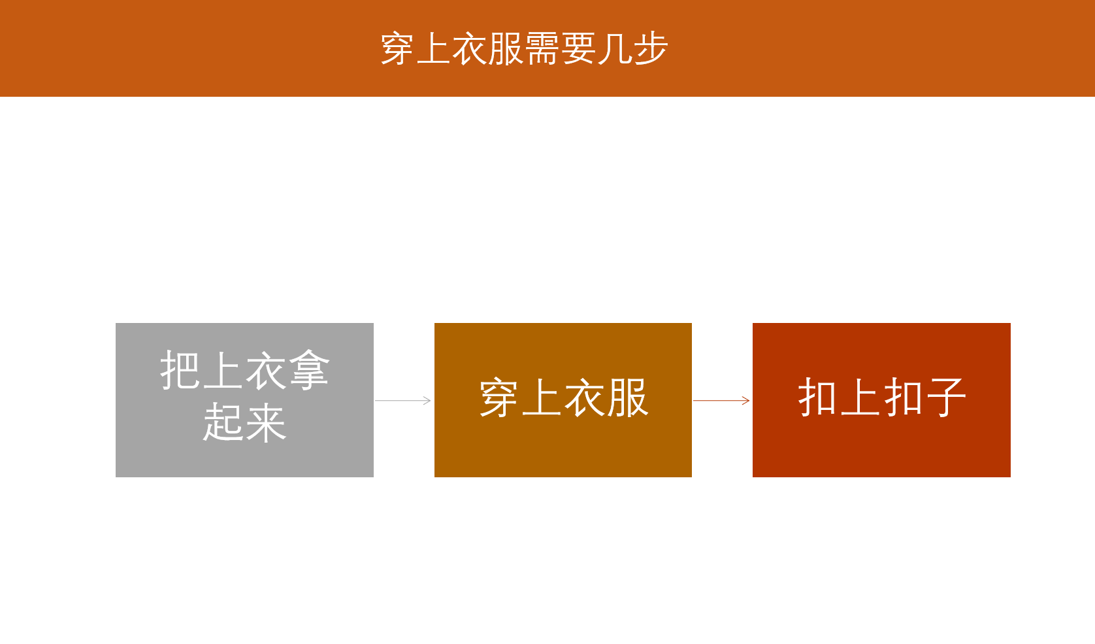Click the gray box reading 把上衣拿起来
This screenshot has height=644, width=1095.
244,400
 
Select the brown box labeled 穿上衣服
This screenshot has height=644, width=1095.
563,400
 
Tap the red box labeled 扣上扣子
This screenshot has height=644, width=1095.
881,400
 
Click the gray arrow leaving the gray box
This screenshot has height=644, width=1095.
403,400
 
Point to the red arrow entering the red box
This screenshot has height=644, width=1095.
721,400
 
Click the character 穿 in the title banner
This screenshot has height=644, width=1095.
397,49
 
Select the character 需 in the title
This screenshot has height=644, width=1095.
542,49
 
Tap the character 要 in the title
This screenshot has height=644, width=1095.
578,49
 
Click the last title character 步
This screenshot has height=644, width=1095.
651,49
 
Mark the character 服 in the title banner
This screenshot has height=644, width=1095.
506,49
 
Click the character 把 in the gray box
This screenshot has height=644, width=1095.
180,371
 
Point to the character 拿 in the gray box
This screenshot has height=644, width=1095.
309,371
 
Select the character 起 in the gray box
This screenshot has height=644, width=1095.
223,422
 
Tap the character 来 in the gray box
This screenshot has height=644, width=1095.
266,422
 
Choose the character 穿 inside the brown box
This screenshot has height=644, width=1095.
498,398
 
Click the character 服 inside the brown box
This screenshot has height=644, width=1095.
628,398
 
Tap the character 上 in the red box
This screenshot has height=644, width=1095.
860,398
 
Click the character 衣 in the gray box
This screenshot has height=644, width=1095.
266,371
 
